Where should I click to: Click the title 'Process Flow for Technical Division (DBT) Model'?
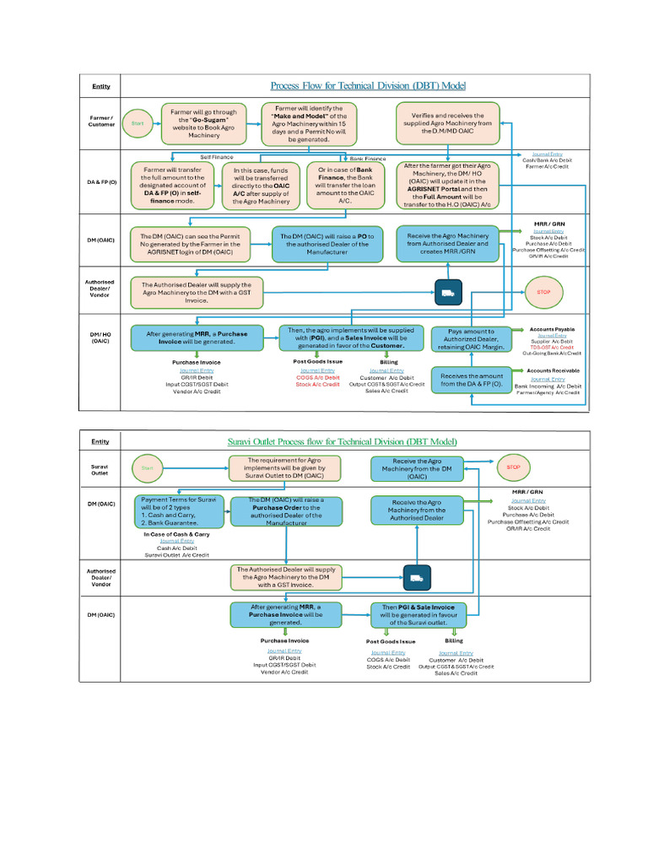tap(368, 86)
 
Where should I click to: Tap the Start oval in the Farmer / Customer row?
tap(138, 123)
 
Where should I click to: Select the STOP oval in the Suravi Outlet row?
tap(513, 467)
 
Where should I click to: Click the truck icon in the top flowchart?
tap(446, 293)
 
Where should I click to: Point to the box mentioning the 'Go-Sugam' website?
tap(203, 123)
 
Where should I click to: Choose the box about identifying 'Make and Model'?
tap(309, 123)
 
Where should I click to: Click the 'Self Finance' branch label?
tap(217, 157)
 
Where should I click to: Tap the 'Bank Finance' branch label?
tap(367, 158)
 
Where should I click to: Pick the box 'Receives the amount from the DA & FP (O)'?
tap(472, 381)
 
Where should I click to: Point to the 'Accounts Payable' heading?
tap(551, 328)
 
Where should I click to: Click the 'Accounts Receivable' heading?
tap(553, 370)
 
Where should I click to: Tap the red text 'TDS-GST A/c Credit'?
tap(553, 348)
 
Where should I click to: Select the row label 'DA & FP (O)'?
tap(101, 182)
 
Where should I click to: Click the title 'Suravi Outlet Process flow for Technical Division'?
tap(343, 441)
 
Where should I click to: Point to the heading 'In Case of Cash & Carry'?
tap(177, 534)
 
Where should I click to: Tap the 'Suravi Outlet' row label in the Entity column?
tap(100, 469)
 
